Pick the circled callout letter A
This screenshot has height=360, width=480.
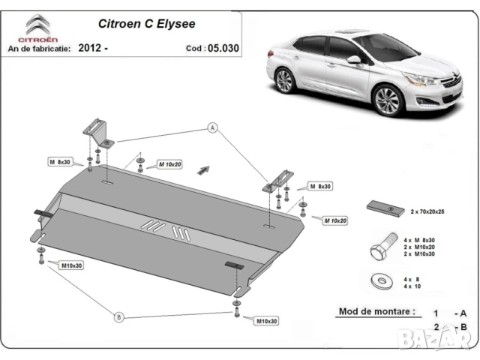pyautogui.click(x=212, y=129)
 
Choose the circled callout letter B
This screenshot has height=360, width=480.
pyautogui.click(x=118, y=317)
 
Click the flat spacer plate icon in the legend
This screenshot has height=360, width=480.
pyautogui.click(x=384, y=207)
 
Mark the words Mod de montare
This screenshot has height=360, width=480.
pyautogui.click(x=366, y=311)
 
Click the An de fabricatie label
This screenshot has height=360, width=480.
pyautogui.click(x=39, y=48)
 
